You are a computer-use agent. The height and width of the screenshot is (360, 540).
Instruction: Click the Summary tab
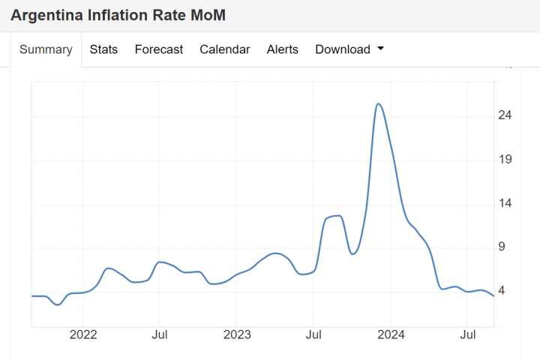point(46,49)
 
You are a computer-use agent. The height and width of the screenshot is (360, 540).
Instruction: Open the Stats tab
point(103,49)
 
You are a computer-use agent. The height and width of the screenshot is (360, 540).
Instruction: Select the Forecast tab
point(158,49)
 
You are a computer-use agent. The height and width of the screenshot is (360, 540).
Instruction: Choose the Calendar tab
point(224,49)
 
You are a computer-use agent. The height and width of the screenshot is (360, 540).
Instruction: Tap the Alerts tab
point(282,49)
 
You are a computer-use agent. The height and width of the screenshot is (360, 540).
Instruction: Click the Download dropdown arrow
point(380,49)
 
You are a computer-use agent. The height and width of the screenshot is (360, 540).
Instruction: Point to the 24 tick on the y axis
point(505,115)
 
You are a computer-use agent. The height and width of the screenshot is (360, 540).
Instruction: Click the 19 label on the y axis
point(505,159)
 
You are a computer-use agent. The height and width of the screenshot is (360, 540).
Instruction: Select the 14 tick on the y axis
point(505,203)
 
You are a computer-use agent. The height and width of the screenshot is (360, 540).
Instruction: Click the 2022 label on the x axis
point(83,334)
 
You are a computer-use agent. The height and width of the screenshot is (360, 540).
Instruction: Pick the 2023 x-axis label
point(237,334)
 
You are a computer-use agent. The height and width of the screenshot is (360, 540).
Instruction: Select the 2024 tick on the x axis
point(391,334)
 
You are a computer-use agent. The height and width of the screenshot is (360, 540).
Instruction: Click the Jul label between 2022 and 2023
point(160,334)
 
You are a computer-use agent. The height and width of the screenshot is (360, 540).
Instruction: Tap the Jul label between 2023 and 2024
point(314,334)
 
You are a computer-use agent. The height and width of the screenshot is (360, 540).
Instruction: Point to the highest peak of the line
point(379,104)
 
